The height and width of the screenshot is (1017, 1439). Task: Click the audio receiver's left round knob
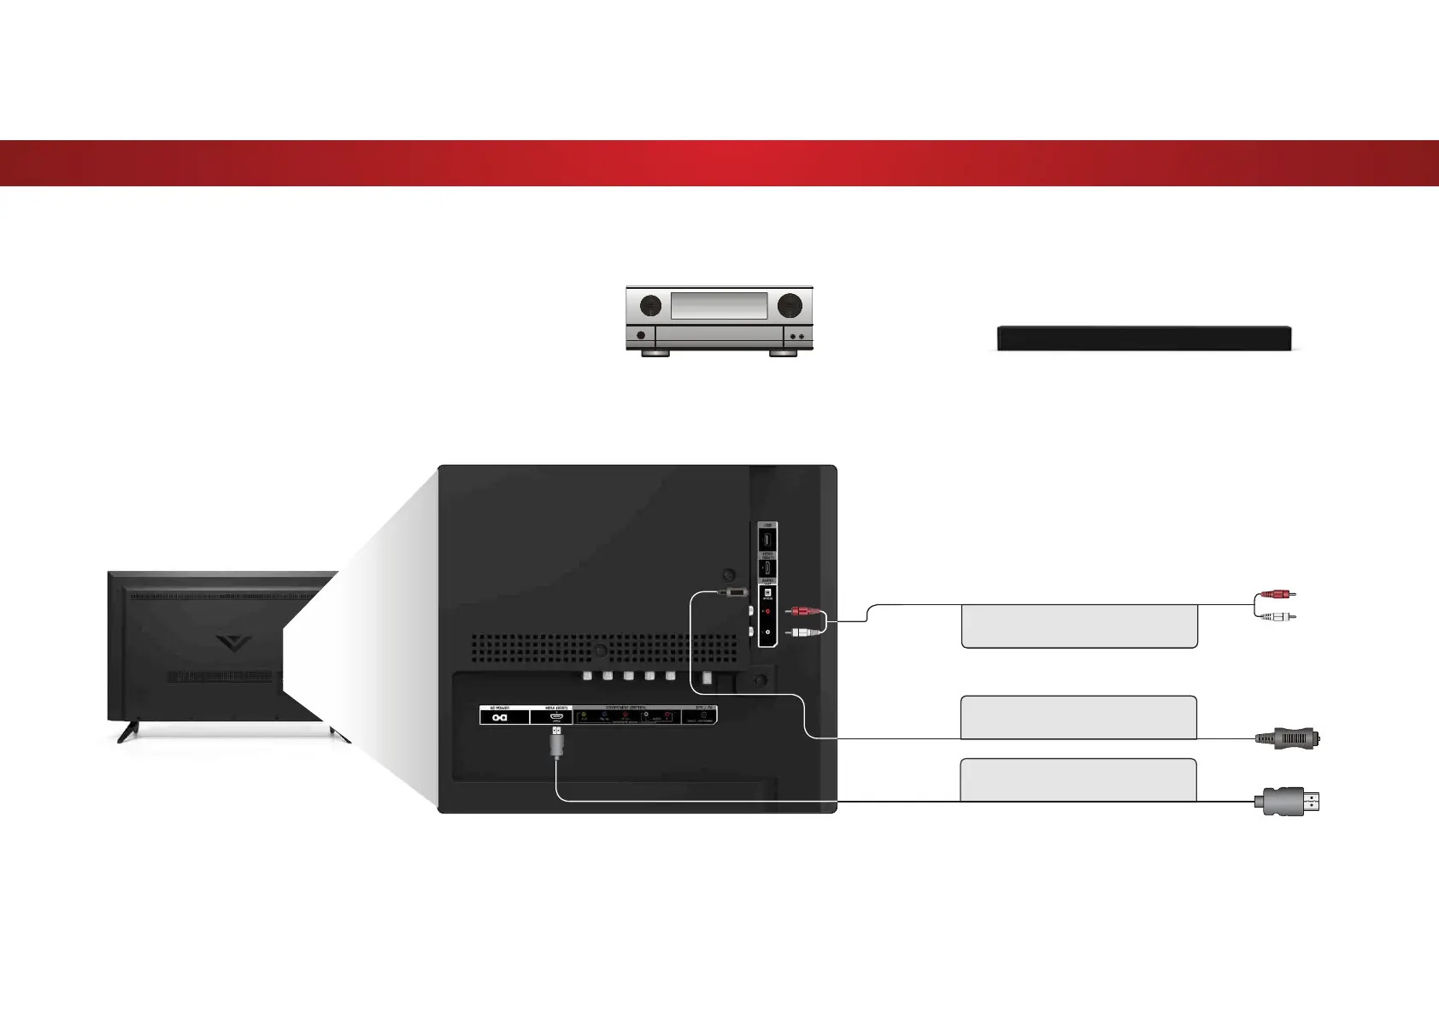click(x=650, y=305)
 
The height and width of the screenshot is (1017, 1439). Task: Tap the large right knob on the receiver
click(x=790, y=305)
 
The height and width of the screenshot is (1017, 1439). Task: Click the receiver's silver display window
click(x=719, y=306)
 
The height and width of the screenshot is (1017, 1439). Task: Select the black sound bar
click(x=1143, y=338)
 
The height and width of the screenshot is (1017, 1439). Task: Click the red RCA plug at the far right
click(x=1278, y=594)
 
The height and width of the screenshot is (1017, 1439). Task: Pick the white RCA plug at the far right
click(x=1278, y=616)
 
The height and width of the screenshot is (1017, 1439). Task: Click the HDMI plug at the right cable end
click(x=1286, y=802)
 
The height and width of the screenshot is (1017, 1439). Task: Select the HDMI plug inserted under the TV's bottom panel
click(x=556, y=743)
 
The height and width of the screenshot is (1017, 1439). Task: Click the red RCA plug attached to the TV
click(x=804, y=611)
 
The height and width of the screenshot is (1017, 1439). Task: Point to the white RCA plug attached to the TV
click(x=804, y=632)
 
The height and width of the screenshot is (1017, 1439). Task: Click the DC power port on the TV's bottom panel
click(x=500, y=717)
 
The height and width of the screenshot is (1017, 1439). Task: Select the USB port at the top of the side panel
click(x=766, y=540)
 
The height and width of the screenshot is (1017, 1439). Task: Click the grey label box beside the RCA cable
click(x=1078, y=626)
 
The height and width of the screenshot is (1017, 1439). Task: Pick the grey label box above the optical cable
click(x=1078, y=716)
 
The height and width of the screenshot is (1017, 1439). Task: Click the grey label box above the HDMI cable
click(x=1078, y=779)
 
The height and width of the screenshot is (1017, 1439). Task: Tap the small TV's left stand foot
click(x=128, y=732)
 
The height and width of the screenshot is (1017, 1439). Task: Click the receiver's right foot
click(x=783, y=352)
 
